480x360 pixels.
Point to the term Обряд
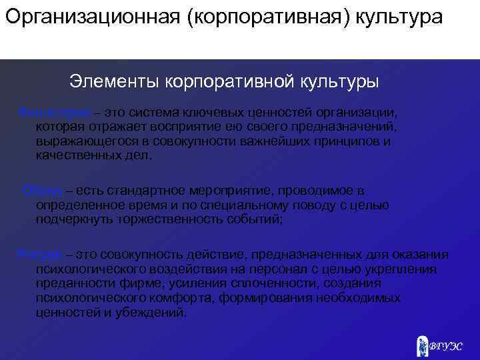(41, 191)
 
